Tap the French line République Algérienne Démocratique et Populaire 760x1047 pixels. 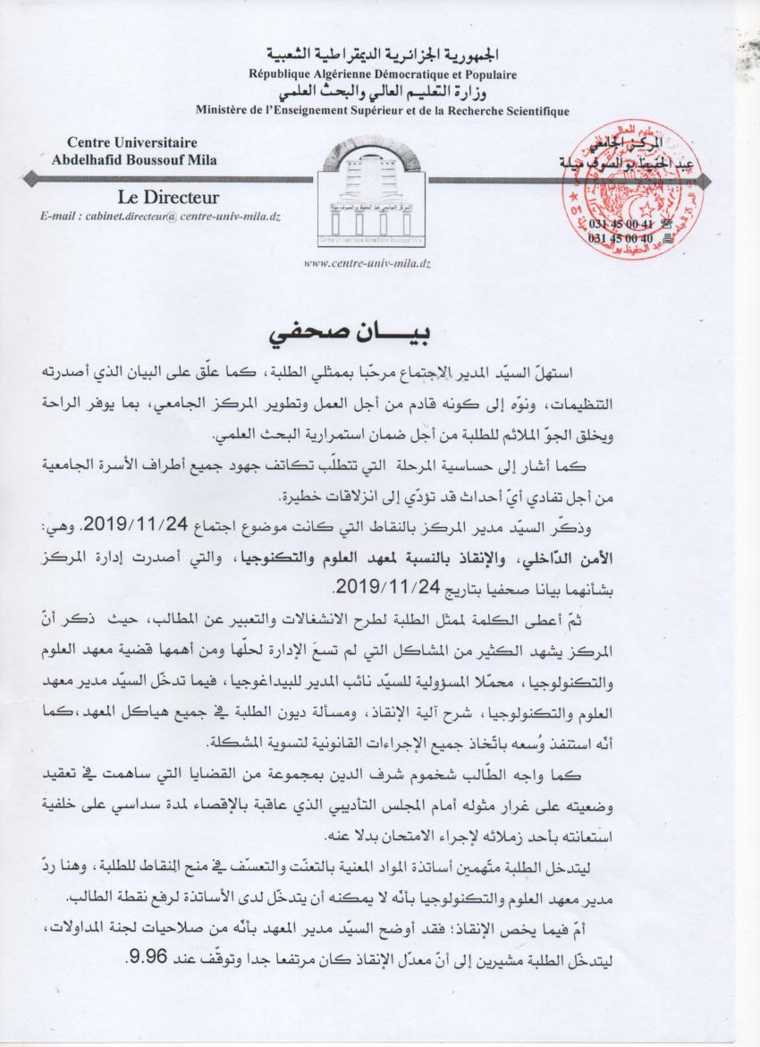coord(382,74)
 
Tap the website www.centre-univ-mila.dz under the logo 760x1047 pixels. coord(368,264)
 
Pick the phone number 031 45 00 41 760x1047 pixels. coord(623,224)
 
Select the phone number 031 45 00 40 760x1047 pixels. coord(623,239)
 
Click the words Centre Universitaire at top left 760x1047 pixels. coord(132,142)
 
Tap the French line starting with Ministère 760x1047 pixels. coord(382,110)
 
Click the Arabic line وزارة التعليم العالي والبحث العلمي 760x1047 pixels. coord(382,92)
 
